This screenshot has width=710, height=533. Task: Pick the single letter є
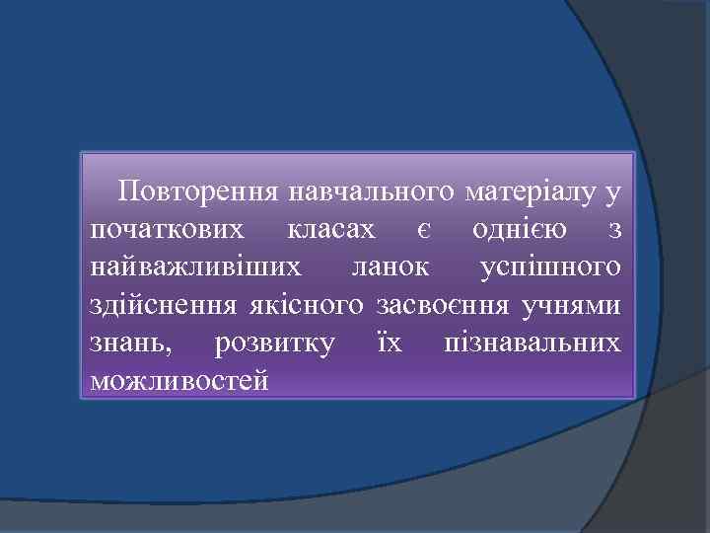coord(422,230)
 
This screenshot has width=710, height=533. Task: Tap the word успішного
coord(549,267)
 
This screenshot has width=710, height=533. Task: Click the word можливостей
coord(177,379)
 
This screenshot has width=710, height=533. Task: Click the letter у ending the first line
coord(613,193)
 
